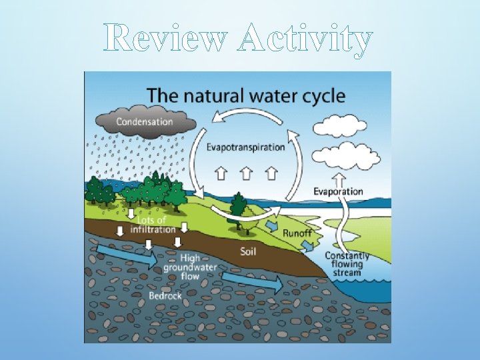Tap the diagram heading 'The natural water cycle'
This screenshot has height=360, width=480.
[x=246, y=95]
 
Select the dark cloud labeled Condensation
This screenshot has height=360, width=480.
[x=145, y=122]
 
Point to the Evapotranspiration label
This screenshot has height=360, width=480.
[x=245, y=147]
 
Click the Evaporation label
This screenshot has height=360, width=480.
[x=339, y=192]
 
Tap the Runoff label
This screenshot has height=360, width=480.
[x=297, y=233]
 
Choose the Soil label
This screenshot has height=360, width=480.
[x=251, y=251]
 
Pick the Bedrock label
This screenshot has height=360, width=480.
[x=165, y=295]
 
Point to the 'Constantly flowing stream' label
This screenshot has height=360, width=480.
[x=347, y=264]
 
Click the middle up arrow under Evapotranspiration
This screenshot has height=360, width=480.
[x=246, y=173]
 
